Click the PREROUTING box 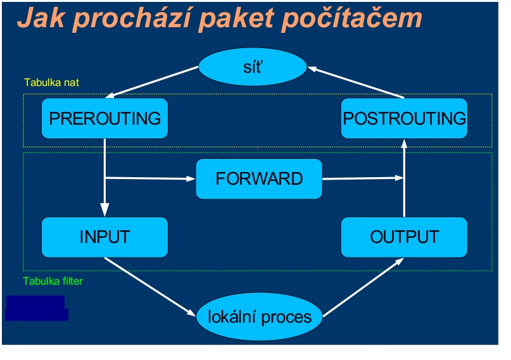104,118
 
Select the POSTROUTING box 404,118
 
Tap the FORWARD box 259,178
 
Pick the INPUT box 104,237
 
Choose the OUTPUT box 404,237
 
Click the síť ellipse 253,66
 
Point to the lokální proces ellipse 260,316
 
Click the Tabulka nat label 51,82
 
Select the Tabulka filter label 53,281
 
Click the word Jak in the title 41,18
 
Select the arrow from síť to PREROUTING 152,82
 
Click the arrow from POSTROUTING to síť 356,82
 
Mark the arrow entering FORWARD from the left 150,178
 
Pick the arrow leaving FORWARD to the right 363,178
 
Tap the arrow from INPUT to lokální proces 150,287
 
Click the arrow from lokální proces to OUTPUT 363,287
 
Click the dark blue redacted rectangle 37,308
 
